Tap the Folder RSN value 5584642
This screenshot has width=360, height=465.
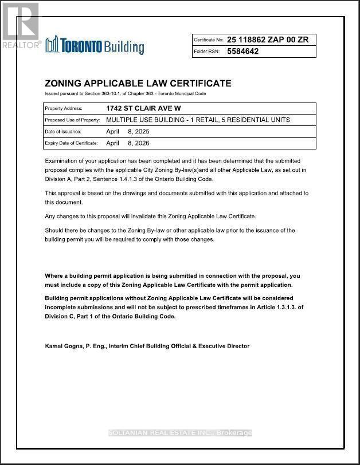click(x=243, y=51)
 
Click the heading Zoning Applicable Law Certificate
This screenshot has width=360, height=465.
click(x=138, y=84)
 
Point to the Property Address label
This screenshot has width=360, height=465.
click(x=64, y=108)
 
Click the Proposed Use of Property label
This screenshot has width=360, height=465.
click(x=72, y=120)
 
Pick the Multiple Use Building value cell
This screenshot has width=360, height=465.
click(x=198, y=120)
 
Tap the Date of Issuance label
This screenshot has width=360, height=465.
click(x=63, y=132)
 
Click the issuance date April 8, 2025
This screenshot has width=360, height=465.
click(x=128, y=132)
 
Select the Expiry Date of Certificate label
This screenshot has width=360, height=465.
click(x=71, y=143)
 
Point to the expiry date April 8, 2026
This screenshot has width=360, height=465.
click(x=128, y=143)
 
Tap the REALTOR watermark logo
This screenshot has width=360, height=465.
click(x=20, y=26)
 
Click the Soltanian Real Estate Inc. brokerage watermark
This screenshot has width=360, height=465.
click(x=180, y=433)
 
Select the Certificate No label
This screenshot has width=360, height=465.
click(x=208, y=40)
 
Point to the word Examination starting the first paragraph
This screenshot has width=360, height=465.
click(x=61, y=161)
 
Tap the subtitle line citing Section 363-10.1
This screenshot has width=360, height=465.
click(x=125, y=93)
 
